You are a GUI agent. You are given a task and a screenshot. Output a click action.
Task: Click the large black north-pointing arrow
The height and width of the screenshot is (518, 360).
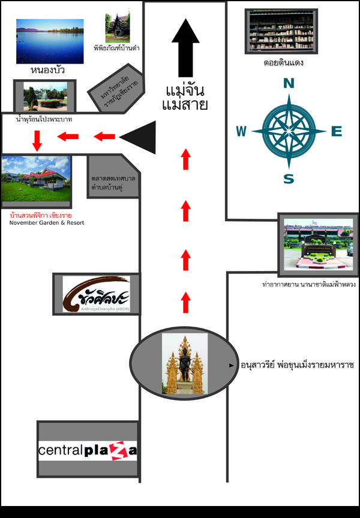(185, 48)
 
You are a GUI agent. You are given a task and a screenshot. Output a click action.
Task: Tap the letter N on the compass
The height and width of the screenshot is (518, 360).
(289, 85)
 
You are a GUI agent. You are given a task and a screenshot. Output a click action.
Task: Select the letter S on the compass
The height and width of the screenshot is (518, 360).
(289, 179)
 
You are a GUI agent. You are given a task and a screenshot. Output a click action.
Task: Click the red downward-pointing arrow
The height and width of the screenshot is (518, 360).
(37, 140)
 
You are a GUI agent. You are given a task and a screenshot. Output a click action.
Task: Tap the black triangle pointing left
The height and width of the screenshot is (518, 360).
(139, 137)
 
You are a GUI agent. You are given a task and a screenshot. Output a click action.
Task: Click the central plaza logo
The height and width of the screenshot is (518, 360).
(88, 450)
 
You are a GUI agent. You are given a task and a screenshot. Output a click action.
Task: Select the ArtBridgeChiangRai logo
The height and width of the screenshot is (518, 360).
(97, 294)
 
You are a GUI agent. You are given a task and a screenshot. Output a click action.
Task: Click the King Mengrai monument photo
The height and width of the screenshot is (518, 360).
(185, 364)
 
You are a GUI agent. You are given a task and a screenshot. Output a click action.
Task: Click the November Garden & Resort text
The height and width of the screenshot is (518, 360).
(47, 223)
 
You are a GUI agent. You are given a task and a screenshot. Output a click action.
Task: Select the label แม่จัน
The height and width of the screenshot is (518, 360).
(185, 92)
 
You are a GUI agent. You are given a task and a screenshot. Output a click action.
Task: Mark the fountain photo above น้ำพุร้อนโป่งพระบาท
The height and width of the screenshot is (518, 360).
(45, 96)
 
